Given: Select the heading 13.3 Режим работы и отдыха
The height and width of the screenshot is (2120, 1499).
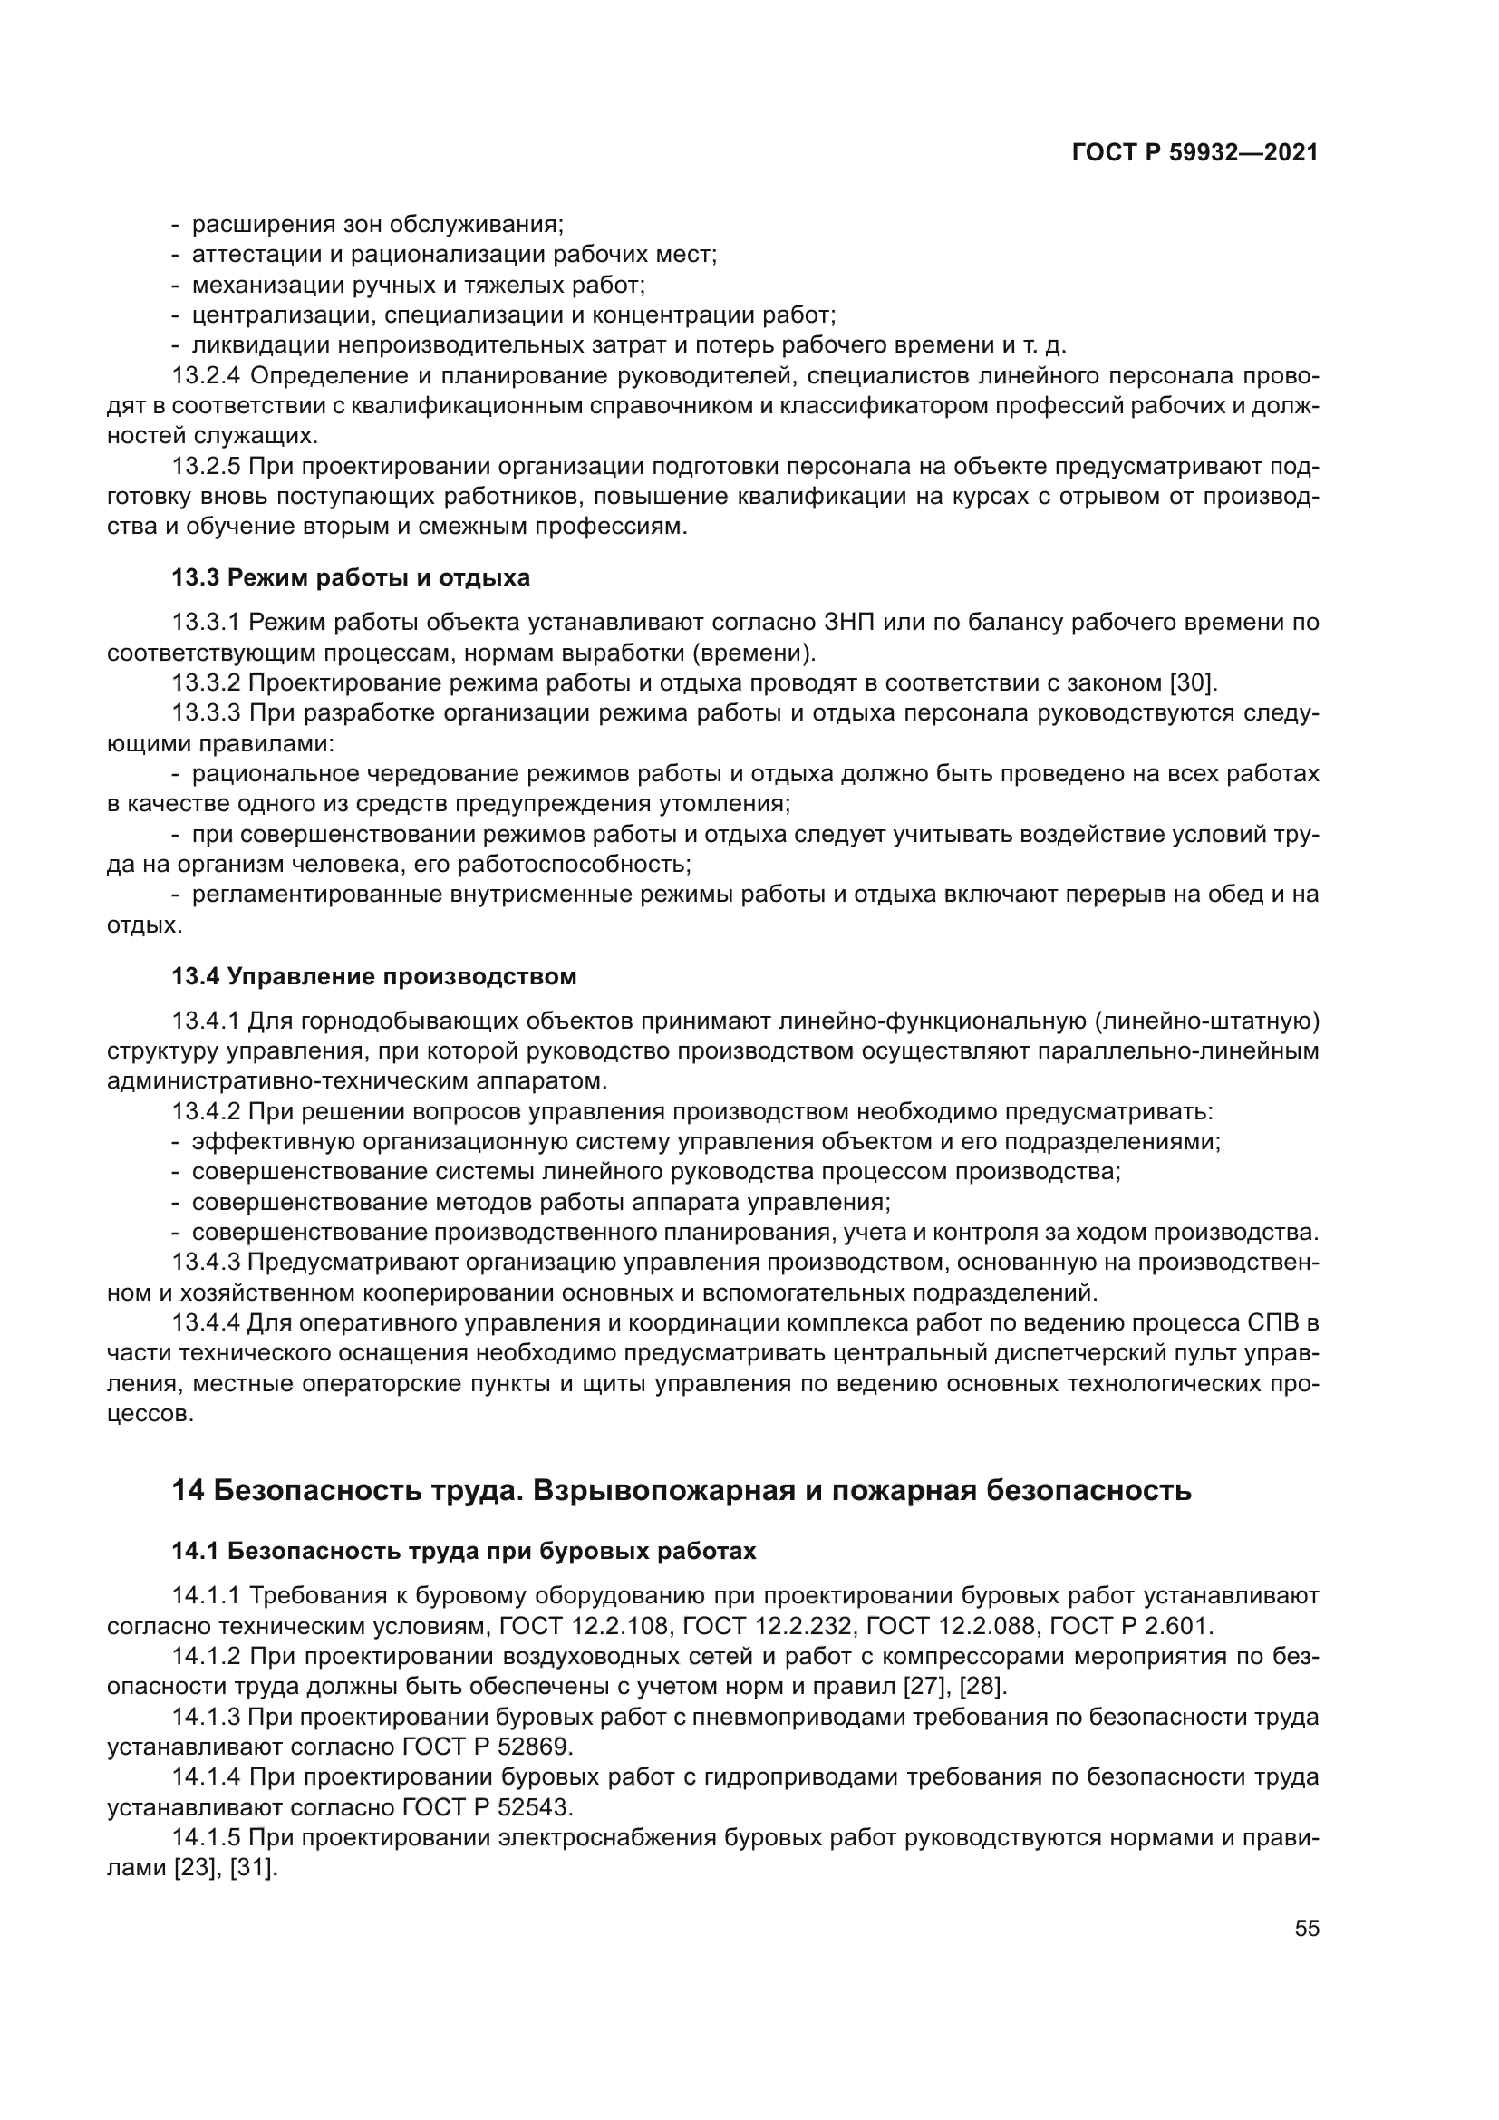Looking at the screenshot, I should coord(351,578).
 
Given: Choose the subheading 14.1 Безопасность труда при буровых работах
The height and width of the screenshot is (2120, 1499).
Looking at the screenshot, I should coord(463,1551).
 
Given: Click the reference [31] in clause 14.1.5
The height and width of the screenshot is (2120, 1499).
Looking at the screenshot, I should coord(254,1869).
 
